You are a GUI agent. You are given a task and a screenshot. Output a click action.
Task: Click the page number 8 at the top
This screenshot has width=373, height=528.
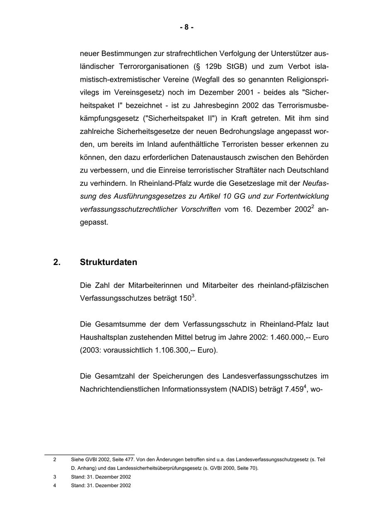coord(186,27)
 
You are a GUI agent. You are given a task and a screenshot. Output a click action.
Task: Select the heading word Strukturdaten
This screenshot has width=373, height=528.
coord(108,262)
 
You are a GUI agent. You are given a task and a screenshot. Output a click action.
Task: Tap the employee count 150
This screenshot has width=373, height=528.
coord(185,299)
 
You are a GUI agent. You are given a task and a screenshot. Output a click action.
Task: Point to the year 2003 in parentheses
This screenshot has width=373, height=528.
coord(91,350)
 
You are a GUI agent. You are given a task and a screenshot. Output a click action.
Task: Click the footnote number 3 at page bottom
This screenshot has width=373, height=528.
coord(55,477)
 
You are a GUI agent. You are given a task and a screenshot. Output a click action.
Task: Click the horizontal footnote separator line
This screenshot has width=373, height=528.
coord(90,455)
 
